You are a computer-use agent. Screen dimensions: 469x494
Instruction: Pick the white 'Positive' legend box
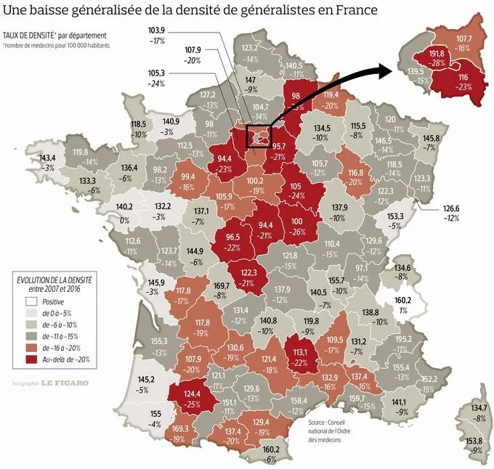tap(30, 301)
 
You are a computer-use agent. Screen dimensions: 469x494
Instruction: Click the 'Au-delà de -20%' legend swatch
tap(30, 359)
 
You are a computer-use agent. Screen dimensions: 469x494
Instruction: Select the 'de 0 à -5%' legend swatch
tap(30, 313)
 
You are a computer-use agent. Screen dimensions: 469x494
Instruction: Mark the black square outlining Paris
tap(259, 136)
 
